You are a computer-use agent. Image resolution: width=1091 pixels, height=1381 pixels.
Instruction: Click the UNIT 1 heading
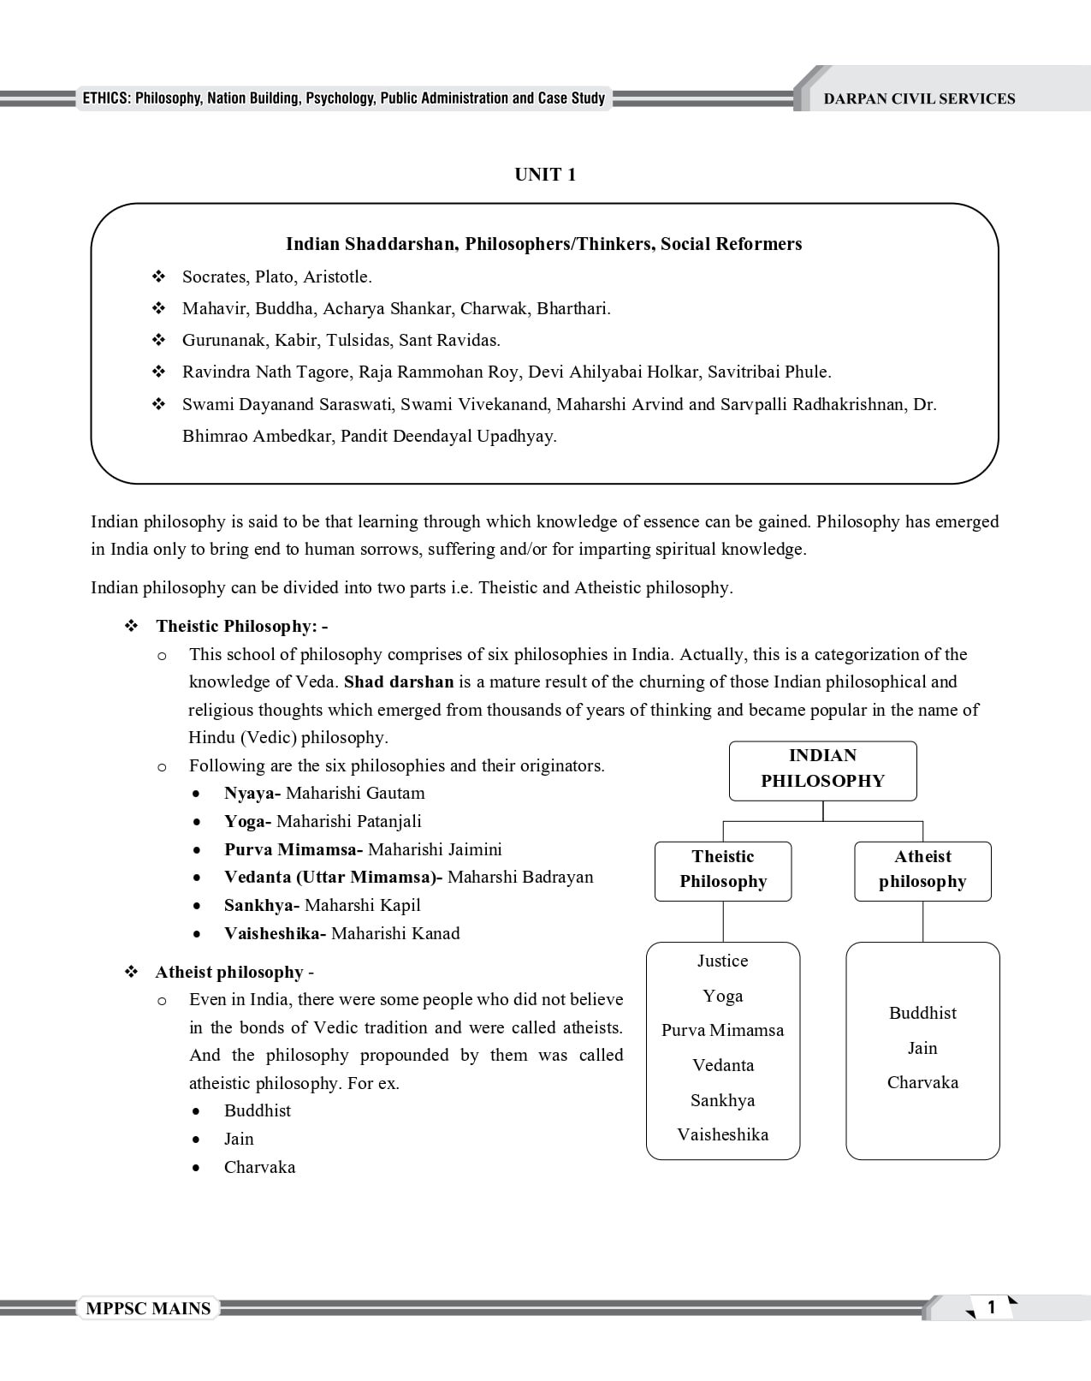(x=545, y=175)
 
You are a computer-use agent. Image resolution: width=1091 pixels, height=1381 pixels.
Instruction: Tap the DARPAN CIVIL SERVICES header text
(x=919, y=99)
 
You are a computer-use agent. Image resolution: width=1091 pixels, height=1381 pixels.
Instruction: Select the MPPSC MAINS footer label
(x=148, y=1308)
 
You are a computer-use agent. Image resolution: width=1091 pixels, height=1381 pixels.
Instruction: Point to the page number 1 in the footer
(x=991, y=1307)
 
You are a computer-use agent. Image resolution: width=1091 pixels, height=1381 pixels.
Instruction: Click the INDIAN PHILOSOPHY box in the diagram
(x=822, y=769)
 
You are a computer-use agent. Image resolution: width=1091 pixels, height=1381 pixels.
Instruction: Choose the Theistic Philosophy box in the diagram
(x=723, y=869)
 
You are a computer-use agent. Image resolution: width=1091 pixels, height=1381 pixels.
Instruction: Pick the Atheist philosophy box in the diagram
(x=922, y=869)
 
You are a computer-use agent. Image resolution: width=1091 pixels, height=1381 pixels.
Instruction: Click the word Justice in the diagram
(x=722, y=961)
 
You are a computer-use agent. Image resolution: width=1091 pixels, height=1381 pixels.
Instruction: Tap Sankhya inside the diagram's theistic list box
(x=722, y=1100)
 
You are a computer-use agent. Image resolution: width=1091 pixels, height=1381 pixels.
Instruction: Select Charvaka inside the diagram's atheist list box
(x=922, y=1082)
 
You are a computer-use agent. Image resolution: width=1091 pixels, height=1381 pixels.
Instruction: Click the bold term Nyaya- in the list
(x=252, y=794)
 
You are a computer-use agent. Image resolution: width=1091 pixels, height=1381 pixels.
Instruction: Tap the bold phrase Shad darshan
(x=398, y=682)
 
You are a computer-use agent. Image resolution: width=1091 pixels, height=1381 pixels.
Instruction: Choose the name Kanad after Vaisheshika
(x=436, y=933)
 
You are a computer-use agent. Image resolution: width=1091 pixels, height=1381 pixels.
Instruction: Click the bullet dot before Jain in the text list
(x=198, y=1140)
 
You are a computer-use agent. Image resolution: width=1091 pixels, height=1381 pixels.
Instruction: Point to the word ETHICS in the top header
(x=106, y=98)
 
